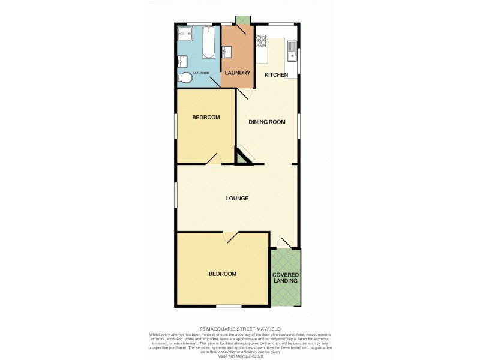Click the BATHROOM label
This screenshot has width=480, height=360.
tap(201, 73)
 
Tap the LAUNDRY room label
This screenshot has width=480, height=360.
tap(237, 73)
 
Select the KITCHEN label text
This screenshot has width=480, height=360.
tap(277, 74)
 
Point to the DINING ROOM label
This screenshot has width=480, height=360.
tap(267, 122)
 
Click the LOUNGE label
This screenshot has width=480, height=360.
tap(238, 198)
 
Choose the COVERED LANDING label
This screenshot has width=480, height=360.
tap(286, 278)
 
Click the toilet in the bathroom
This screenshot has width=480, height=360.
tap(186, 77)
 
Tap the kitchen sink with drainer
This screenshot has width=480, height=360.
tap(292, 50)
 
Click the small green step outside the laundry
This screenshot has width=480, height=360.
tap(243, 20)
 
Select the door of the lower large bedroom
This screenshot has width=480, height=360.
tap(230, 238)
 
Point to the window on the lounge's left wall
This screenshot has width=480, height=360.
tap(176, 196)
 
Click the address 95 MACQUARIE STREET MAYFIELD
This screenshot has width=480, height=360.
tap(240, 329)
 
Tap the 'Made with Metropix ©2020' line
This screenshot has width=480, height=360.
tap(240, 355)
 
